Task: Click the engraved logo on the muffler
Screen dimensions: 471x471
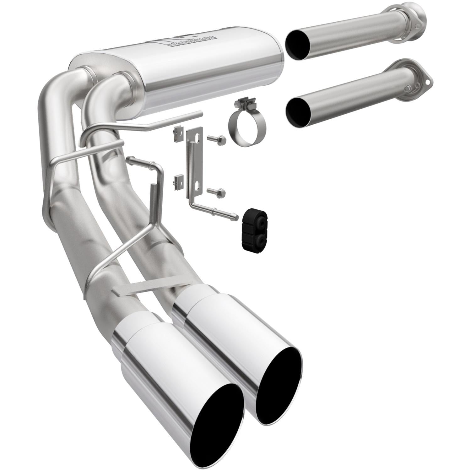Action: click(x=192, y=42)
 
